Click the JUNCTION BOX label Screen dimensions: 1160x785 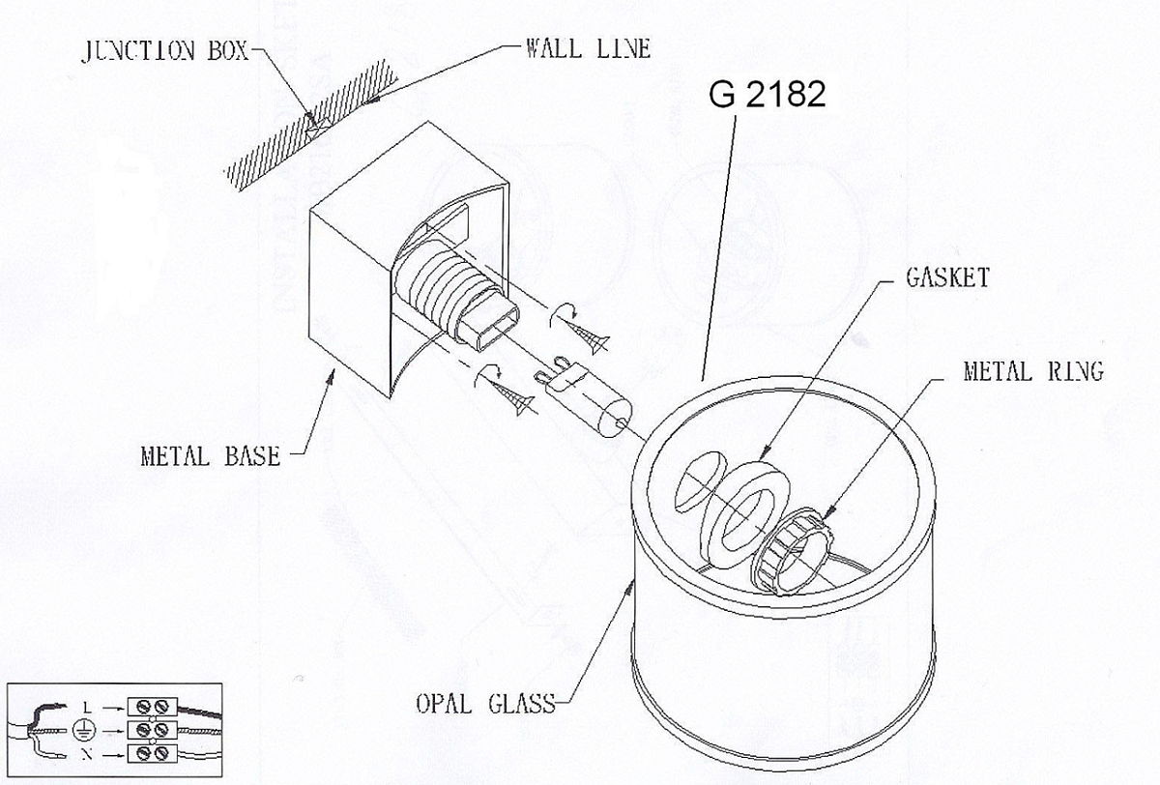point(165,51)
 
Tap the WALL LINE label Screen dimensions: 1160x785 point(589,49)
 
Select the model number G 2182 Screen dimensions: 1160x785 point(767,94)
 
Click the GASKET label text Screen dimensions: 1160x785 point(947,277)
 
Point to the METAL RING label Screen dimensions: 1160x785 point(1033,371)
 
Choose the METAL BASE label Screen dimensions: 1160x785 point(211,456)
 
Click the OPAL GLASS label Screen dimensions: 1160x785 point(485,704)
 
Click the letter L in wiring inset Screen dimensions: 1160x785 point(87,708)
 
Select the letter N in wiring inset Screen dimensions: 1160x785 point(87,754)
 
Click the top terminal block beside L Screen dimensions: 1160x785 point(153,707)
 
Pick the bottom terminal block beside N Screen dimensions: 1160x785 point(153,753)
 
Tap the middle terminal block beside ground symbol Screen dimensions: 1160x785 point(153,730)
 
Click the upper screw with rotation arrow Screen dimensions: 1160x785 point(579,329)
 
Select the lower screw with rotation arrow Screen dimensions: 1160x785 point(505,390)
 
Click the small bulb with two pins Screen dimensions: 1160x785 point(584,396)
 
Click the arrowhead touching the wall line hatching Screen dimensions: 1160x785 point(371,100)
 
